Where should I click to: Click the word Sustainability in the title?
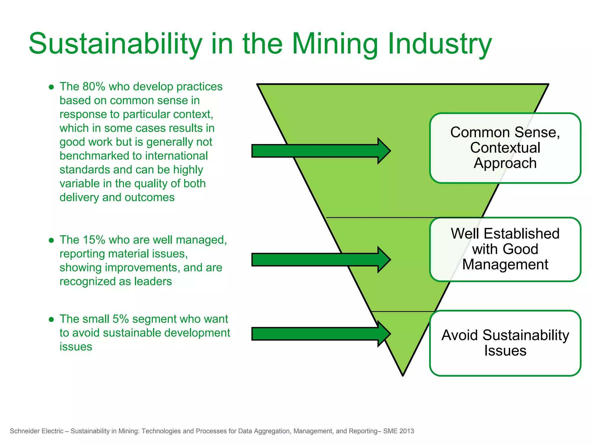[115, 44]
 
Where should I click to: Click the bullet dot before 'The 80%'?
[51, 87]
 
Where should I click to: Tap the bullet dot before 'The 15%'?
[51, 240]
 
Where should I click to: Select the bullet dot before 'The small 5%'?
[51, 320]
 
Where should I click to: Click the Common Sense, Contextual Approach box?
[505, 148]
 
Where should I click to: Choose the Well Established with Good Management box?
[505, 249]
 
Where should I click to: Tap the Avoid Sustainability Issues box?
[505, 343]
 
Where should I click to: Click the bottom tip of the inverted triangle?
[403, 374]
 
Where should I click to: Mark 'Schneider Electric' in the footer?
[36, 431]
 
